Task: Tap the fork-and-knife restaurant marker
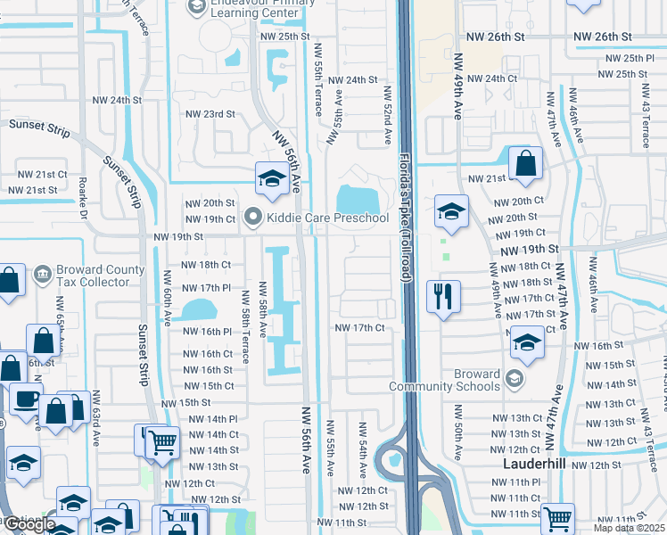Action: click(443, 295)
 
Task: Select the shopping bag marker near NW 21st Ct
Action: click(526, 163)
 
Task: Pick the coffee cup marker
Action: click(26, 399)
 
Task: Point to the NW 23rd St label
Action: click(210, 114)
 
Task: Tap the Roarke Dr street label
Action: click(82, 202)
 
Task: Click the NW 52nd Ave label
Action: click(389, 116)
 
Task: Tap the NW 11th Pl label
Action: click(511, 482)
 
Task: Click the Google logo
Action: click(29, 524)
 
